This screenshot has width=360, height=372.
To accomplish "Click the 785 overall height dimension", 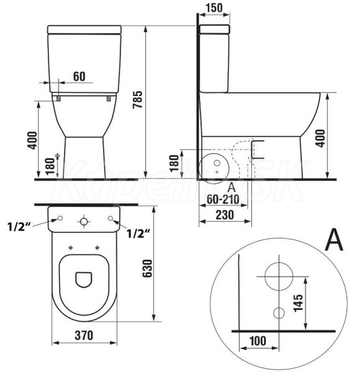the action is point(138,100).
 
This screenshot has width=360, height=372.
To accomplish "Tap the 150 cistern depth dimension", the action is point(214,7).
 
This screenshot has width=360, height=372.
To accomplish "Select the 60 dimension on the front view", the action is point(79,76).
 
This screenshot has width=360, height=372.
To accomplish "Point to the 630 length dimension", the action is point(147,268).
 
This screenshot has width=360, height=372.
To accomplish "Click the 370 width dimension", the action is point(84,335).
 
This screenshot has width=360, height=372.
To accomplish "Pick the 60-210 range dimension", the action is point(223,199).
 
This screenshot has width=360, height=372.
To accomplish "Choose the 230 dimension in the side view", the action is point(225,215).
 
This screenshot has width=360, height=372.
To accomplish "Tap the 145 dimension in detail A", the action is point(299,303).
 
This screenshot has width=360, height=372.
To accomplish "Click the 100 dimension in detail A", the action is point(258,341).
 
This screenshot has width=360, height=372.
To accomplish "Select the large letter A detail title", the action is point(334,239).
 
